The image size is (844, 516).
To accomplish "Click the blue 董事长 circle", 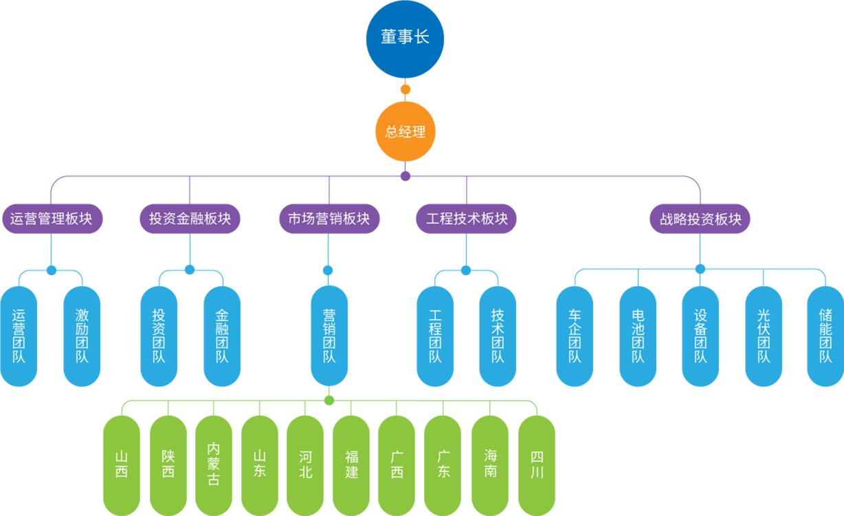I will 405,39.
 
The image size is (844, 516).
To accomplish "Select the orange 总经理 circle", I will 405,131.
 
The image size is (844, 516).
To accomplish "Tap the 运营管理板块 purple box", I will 52,219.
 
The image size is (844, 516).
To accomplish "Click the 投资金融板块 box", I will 190,219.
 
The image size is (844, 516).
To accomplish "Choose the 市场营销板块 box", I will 329,219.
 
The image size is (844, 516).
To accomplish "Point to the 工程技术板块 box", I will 467,219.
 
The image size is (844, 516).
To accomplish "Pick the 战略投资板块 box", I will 700,219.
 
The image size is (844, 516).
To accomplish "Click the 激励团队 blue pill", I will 82,336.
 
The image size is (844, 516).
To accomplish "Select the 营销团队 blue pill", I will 329,336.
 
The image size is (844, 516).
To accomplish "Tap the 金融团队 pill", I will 222,336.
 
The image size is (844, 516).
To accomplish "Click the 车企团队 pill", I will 575,336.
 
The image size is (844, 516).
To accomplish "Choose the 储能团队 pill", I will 825,336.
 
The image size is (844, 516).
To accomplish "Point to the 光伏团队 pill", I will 764,336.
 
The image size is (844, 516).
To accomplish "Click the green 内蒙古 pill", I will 214,464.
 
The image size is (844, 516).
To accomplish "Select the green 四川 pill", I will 537,464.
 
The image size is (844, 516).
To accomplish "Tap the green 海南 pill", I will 490,464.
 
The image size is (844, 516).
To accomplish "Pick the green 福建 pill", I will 351,464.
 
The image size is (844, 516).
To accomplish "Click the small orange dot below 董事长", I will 406,89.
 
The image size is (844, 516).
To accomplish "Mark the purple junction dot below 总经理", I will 406,175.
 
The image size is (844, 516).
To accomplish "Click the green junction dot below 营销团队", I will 329,400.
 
